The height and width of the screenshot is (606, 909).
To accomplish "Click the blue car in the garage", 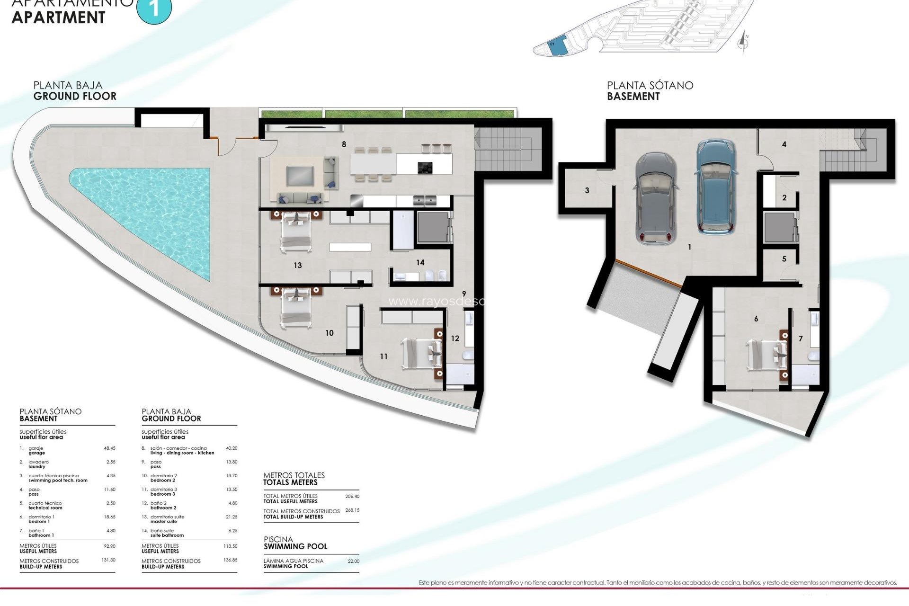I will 716,187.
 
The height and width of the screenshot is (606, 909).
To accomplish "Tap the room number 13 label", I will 297,265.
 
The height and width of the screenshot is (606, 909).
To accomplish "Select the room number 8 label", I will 344,144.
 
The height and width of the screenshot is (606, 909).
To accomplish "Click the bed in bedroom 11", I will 421,353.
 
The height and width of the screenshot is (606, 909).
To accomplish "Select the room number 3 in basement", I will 587,191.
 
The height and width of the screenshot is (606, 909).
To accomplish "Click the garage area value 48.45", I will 109,448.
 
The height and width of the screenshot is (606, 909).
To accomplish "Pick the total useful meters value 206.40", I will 352,497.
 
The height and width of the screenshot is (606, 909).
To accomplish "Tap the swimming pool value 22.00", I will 354,561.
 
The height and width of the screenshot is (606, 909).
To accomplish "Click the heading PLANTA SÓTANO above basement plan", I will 650,86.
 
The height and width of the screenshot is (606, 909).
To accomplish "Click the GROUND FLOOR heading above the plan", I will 75,96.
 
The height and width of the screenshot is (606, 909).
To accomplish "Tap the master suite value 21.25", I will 232,517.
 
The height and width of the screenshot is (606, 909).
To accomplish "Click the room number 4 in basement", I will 784,144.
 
